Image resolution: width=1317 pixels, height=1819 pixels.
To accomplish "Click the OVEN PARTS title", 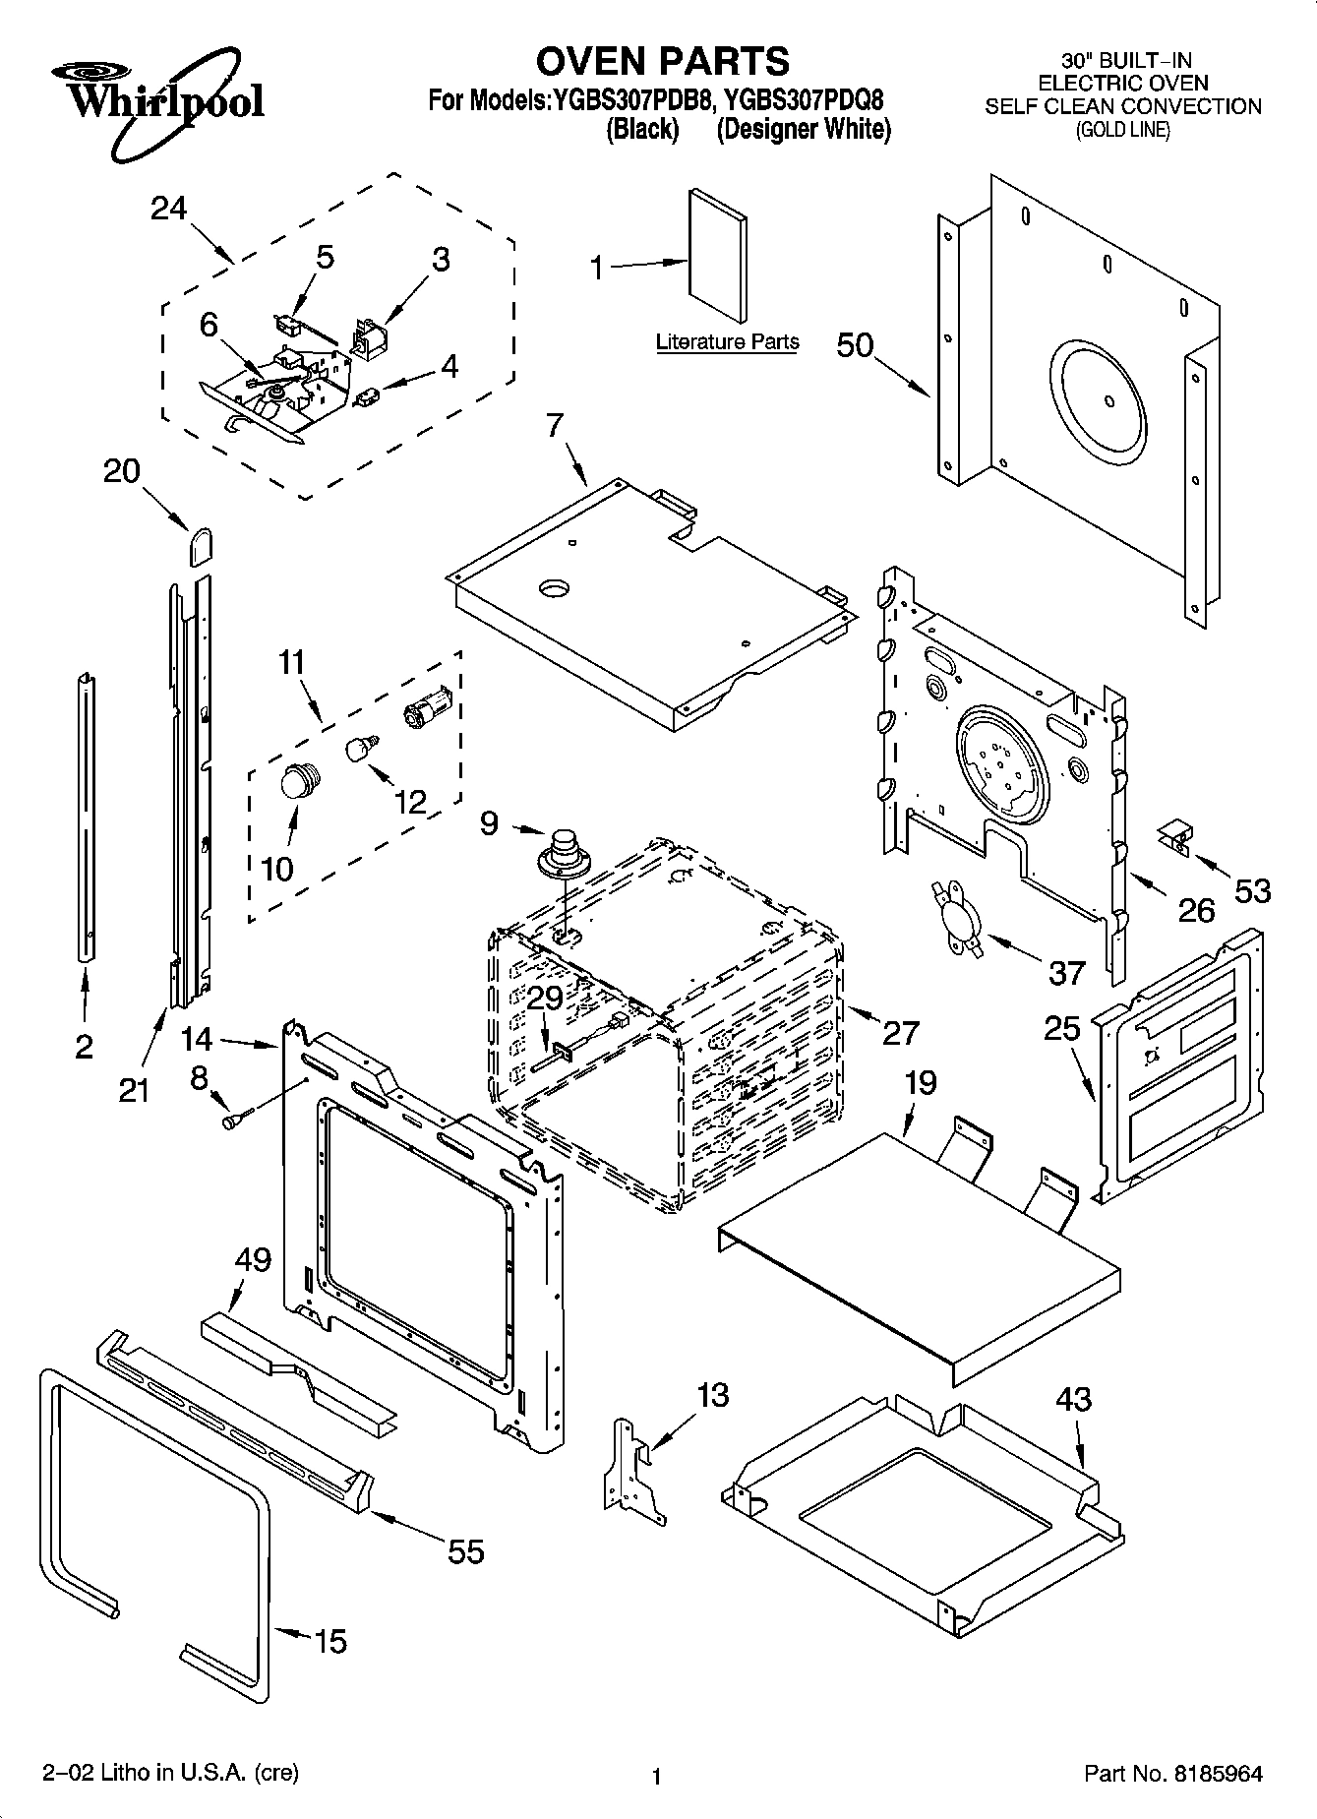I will tap(662, 61).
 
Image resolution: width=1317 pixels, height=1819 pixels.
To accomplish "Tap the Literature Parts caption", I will tap(727, 342).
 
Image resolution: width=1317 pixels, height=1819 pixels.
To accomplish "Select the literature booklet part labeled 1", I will tap(716, 254).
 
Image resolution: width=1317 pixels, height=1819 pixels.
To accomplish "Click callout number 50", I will tap(855, 345).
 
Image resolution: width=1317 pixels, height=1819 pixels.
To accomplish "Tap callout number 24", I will tap(169, 209).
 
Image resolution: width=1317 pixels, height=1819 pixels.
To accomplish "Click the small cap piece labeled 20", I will tap(201, 545).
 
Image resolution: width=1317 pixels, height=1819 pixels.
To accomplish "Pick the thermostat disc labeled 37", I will tap(956, 917).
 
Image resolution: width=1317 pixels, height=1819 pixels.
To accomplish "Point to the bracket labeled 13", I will tap(629, 1462).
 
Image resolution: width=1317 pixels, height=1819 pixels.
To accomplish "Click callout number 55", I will tap(466, 1551).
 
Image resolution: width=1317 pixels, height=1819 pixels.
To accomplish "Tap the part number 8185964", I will tap(1217, 1774).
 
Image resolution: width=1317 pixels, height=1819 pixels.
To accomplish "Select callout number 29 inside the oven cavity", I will tap(545, 997).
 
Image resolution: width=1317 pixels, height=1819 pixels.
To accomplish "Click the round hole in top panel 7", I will tap(554, 588).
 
